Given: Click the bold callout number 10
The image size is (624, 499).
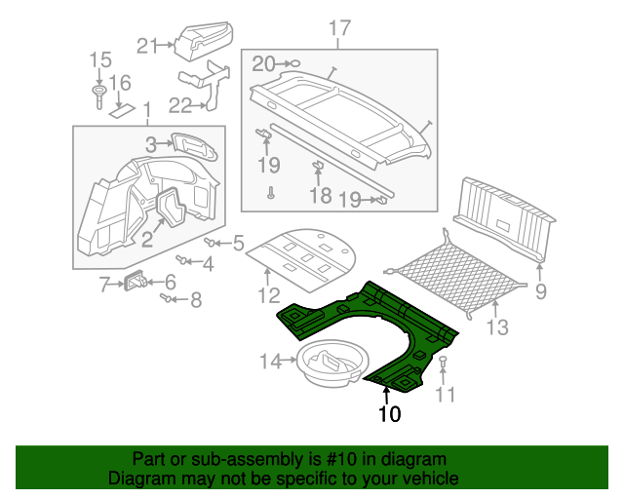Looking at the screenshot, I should [390, 413].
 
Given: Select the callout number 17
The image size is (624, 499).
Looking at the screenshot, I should [338, 27].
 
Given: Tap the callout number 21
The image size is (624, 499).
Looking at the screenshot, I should [147, 45].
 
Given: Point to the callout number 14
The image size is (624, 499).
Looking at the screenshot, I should [270, 363].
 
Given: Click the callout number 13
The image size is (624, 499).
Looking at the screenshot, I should [497, 327].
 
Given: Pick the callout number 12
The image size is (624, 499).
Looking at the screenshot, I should [269, 295].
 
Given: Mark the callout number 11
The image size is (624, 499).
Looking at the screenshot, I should [446, 394].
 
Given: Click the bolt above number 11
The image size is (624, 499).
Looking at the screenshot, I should [444, 365].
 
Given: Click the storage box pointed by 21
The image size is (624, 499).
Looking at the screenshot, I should [202, 39].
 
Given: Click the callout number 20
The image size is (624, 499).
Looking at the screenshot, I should [263, 64].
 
